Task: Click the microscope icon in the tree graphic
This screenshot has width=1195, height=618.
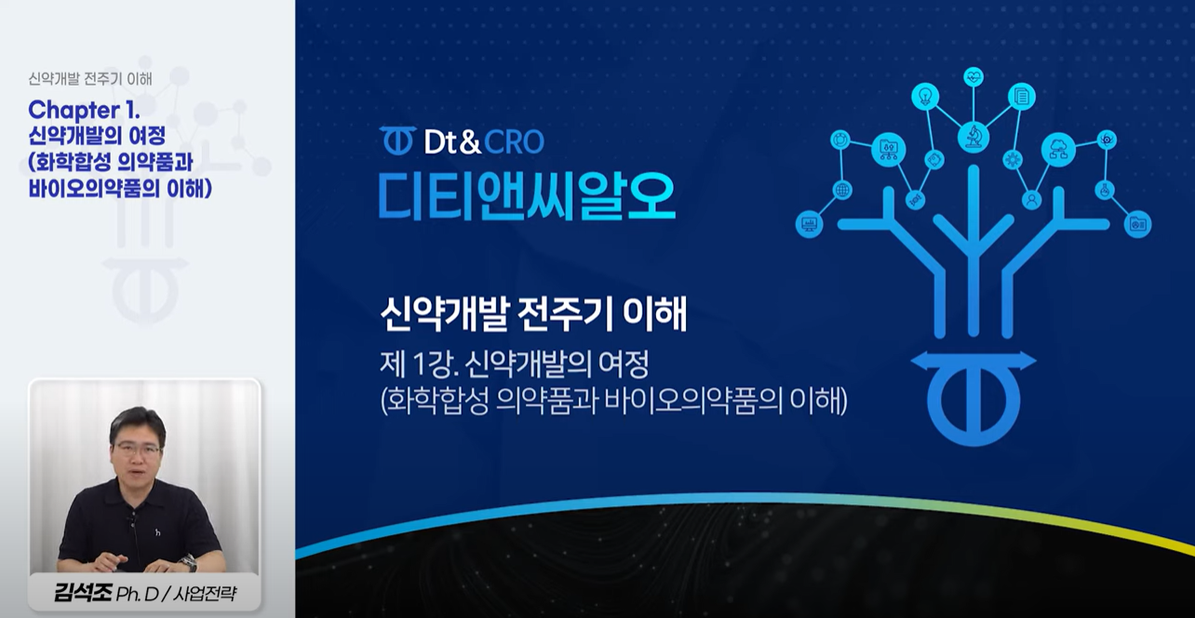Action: [973, 137]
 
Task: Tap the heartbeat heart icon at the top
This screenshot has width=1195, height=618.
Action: [973, 77]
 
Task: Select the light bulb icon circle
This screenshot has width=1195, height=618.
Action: [925, 97]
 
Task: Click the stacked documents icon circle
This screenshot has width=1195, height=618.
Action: [1021, 97]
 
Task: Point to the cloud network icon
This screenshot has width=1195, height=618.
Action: [1058, 149]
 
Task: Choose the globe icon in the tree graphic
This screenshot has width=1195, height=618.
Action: [842, 190]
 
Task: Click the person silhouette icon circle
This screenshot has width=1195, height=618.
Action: [1032, 199]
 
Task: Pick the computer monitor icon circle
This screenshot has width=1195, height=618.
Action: [809, 223]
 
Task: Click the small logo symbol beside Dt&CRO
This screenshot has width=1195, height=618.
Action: [398, 141]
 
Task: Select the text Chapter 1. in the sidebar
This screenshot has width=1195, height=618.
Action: [84, 110]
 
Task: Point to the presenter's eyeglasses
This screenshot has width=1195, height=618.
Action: [138, 450]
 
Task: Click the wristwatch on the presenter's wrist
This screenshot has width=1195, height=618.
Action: [188, 562]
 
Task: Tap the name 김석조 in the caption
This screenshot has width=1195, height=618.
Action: [82, 593]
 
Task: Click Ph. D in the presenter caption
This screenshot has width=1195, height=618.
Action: [137, 594]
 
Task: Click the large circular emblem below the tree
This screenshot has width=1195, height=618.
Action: [973, 398]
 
